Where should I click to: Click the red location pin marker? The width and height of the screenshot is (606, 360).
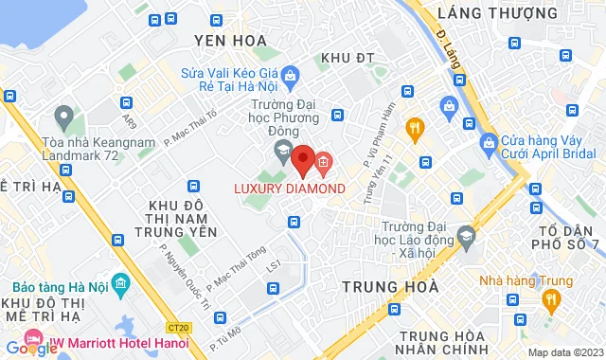coord(302,160)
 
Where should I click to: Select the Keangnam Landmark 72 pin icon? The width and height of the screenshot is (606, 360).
coord(64,118)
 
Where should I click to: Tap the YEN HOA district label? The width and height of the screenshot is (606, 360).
coord(226,40)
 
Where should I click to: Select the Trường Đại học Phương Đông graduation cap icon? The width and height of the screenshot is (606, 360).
coord(282,151)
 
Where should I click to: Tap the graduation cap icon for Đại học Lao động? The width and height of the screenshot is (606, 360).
coord(466,236)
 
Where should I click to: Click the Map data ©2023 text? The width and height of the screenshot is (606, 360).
coord(564,352)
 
